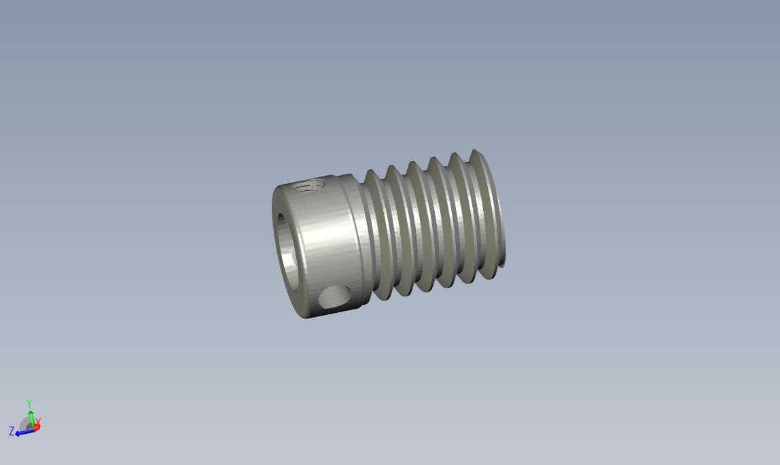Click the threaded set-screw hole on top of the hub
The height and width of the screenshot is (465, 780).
(x=308, y=187)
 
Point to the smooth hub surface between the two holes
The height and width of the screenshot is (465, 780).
(x=328, y=238)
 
